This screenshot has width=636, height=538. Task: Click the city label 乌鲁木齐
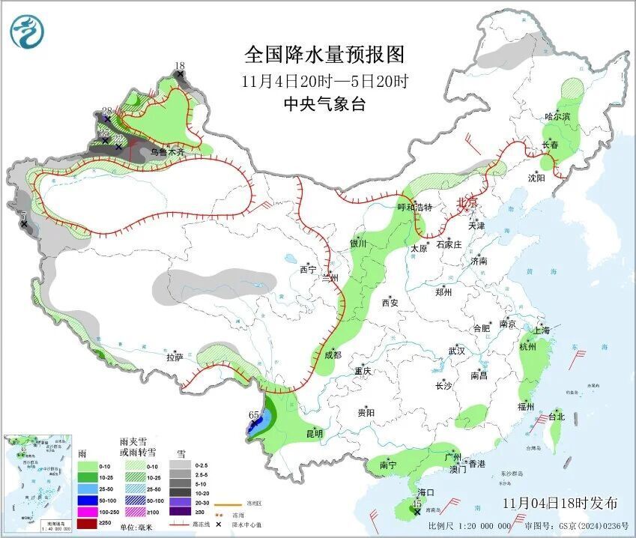tap(167, 151)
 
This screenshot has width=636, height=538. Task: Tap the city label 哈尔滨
tap(557, 117)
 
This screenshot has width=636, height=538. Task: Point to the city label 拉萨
tap(175, 357)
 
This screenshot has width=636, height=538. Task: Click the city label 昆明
tap(314, 433)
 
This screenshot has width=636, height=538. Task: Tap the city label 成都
tap(333, 354)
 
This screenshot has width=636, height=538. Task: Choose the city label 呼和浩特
tap(414, 207)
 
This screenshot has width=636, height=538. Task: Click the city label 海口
tap(426, 492)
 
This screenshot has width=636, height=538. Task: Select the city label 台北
tap(557, 417)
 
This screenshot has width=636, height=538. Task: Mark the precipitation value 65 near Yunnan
tap(253, 414)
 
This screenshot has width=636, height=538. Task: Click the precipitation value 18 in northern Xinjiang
tap(179, 66)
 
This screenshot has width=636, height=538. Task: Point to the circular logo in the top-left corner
tap(27, 31)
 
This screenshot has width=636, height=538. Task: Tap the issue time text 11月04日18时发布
tap(560, 502)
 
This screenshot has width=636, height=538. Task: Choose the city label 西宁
tap(309, 269)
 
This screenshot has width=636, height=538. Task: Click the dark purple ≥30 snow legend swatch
tap(180, 512)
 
